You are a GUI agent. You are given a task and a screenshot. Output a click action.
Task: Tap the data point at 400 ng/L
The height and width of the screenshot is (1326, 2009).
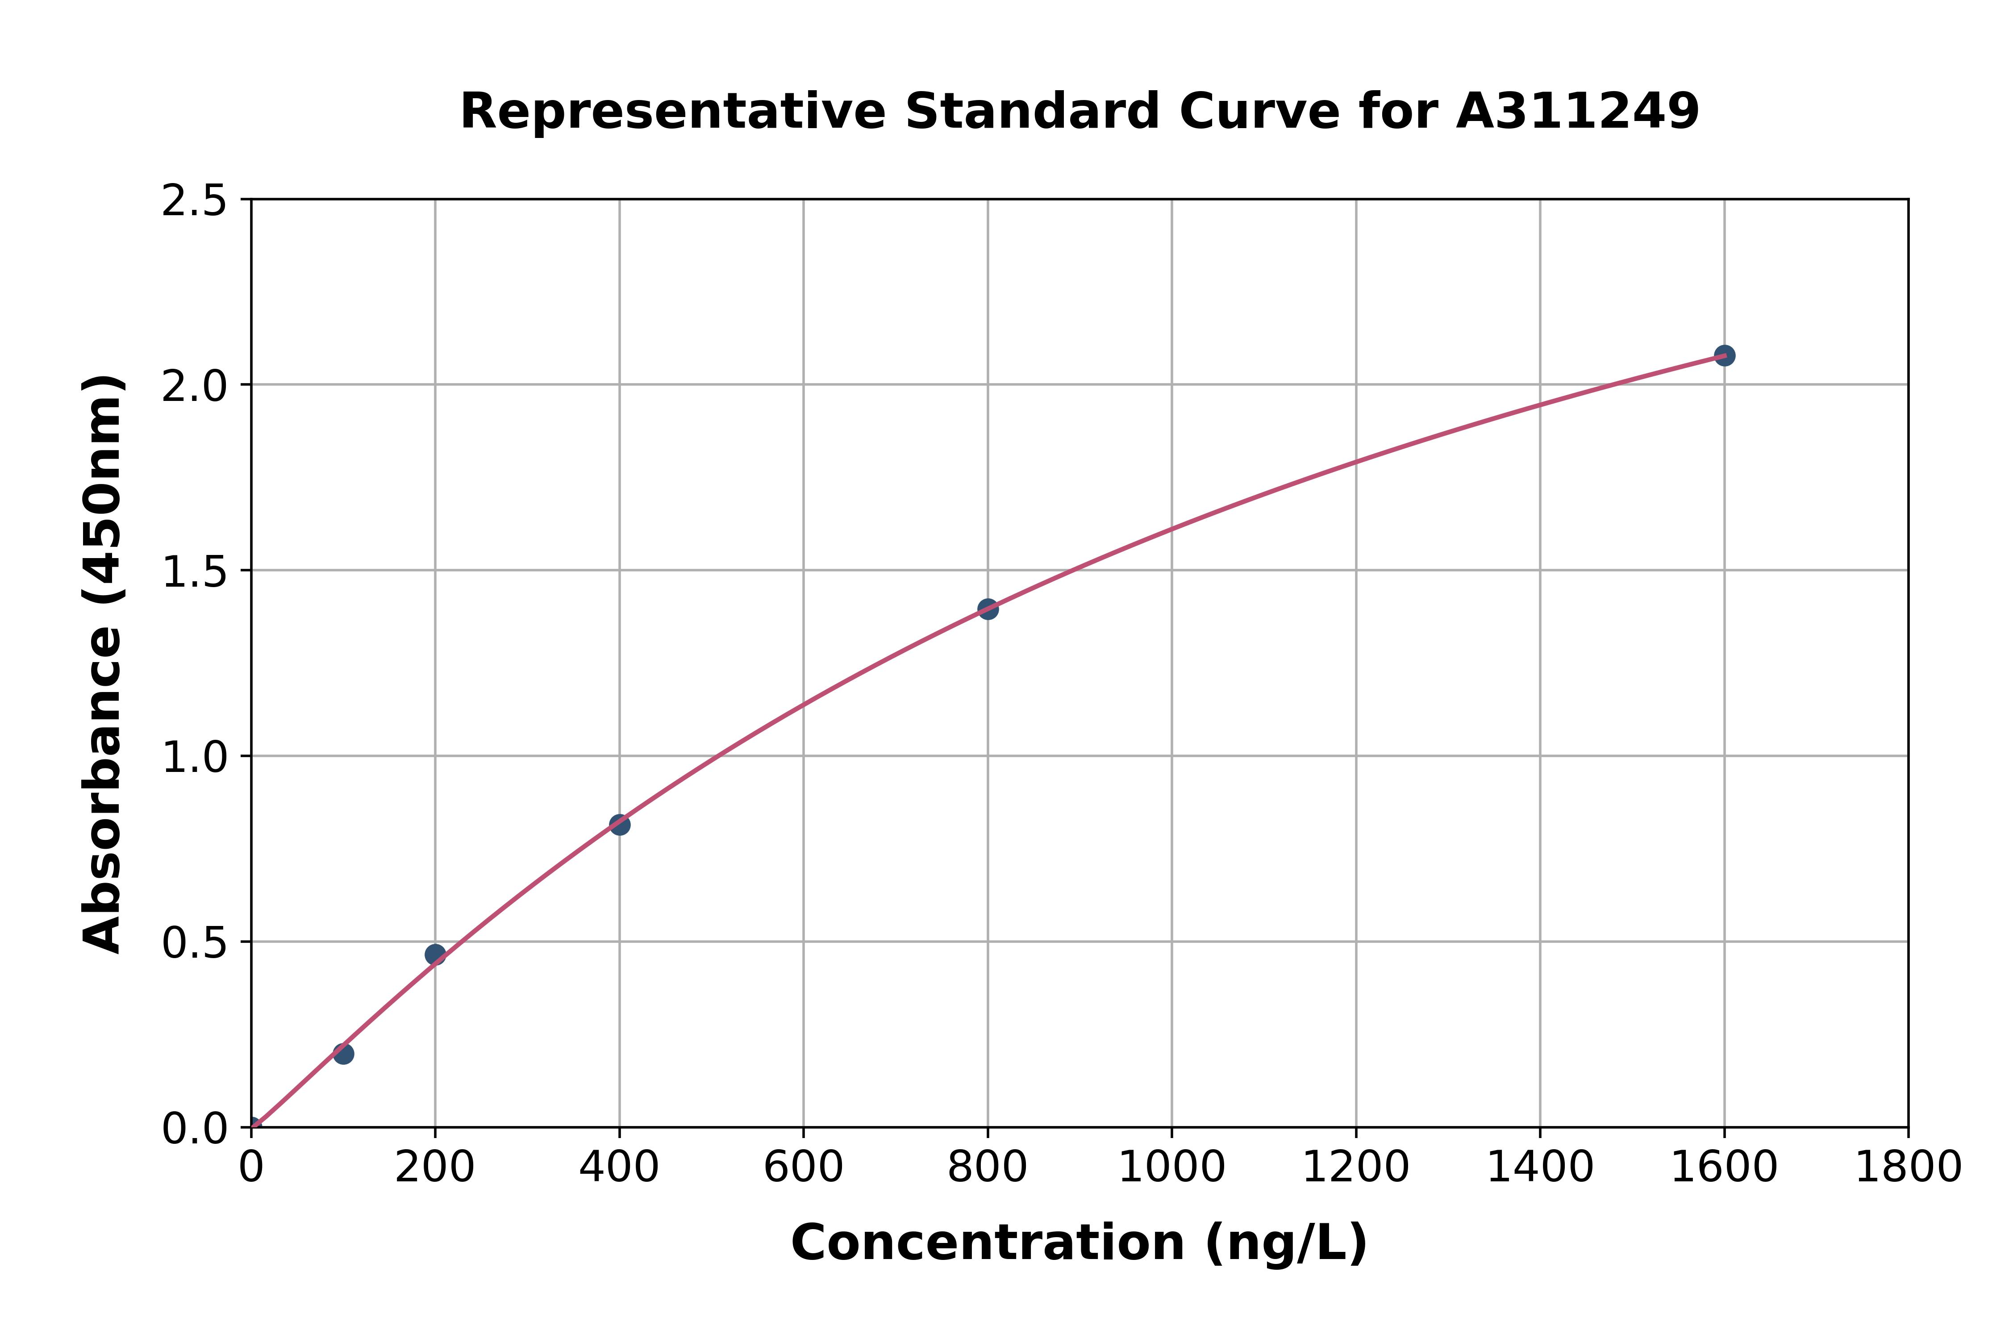[619, 825]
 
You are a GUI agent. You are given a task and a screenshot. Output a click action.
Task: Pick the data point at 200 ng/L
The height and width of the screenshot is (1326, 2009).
[434, 955]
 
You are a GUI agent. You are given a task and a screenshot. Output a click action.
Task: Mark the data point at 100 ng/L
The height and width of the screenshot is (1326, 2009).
[342, 1054]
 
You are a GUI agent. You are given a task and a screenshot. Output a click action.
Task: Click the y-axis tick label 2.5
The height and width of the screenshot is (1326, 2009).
[195, 201]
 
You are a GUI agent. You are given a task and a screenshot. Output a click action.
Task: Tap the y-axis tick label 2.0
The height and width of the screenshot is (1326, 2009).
[195, 387]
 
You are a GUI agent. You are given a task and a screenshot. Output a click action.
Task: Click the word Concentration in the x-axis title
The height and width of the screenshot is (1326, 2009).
[988, 1243]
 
